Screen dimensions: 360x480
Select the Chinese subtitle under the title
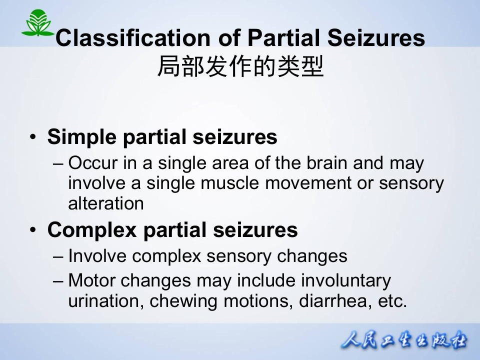click(x=240, y=66)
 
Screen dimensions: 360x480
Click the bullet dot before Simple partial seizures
click(x=32, y=137)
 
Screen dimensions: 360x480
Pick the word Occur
click(x=89, y=163)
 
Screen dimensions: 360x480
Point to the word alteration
click(x=106, y=203)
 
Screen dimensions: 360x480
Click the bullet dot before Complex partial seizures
click(x=32, y=230)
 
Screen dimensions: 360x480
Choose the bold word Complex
click(x=92, y=230)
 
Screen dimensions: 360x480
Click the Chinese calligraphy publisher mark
click(x=404, y=341)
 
